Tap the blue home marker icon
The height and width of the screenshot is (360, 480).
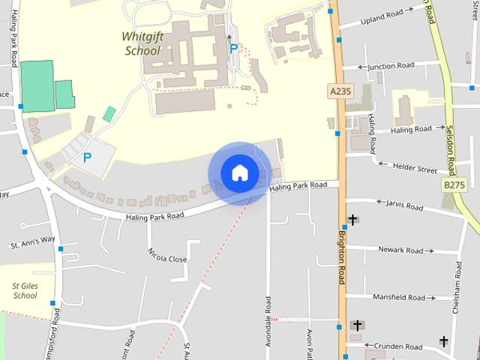click(239, 172)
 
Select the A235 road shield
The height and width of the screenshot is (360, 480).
click(340, 91)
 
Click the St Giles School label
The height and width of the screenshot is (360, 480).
click(25, 290)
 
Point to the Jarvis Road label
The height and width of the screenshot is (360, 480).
click(405, 203)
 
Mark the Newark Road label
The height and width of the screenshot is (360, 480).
click(401, 250)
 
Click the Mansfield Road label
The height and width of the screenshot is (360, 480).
click(403, 298)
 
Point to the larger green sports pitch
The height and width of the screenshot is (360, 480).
click(37, 87)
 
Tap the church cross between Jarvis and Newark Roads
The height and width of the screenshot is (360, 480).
click(352, 220)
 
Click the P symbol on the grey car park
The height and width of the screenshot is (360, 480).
click(87, 157)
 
